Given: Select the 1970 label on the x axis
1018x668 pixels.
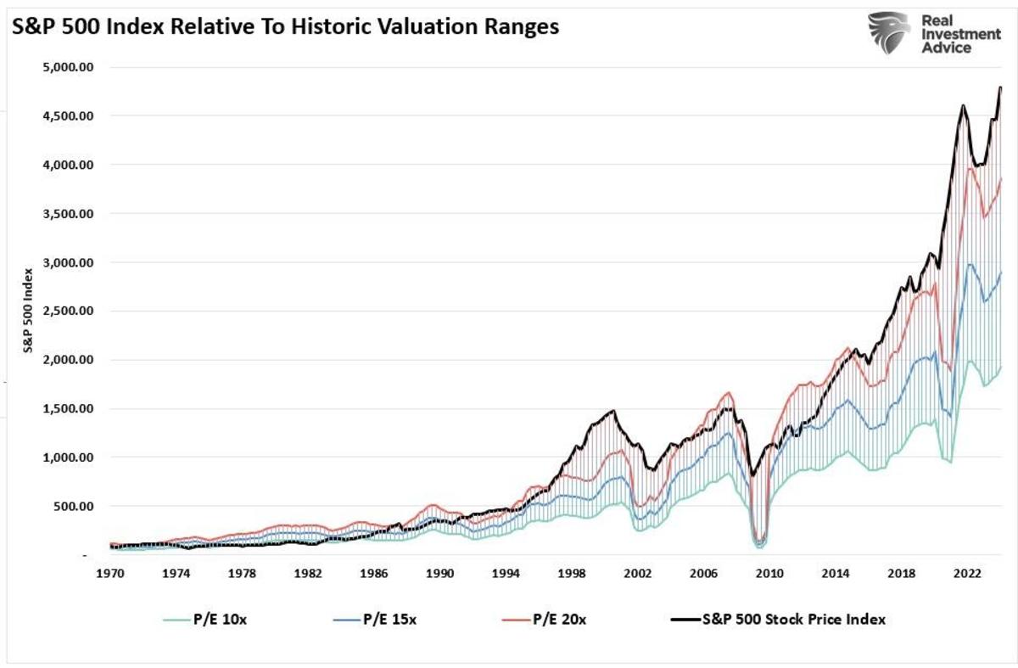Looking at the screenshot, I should point(110,574).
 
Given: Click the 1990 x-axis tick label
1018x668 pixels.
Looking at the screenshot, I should point(439,574).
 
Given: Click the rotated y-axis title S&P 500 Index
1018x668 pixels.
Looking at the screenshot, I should point(29,312).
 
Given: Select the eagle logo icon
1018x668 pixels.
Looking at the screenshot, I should point(891,32).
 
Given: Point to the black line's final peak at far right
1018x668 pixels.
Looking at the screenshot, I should point(1001,87).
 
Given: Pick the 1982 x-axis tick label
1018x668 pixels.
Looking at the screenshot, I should point(308,574).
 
